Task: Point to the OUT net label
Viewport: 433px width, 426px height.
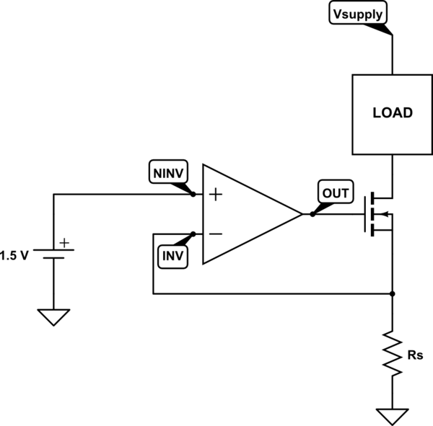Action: click(x=334, y=193)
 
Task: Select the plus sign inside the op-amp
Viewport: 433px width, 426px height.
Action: click(x=214, y=195)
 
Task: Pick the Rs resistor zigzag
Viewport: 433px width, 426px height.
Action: click(x=392, y=353)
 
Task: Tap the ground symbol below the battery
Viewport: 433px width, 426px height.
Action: click(x=55, y=316)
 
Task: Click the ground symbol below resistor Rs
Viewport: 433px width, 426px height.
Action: click(x=392, y=416)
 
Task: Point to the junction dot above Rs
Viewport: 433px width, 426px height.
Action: click(x=392, y=294)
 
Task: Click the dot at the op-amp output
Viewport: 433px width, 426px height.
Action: click(x=312, y=214)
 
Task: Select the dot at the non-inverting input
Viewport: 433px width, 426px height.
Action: click(x=193, y=195)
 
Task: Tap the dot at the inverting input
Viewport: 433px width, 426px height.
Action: click(x=193, y=234)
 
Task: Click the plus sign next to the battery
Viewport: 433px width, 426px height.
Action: click(x=65, y=243)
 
